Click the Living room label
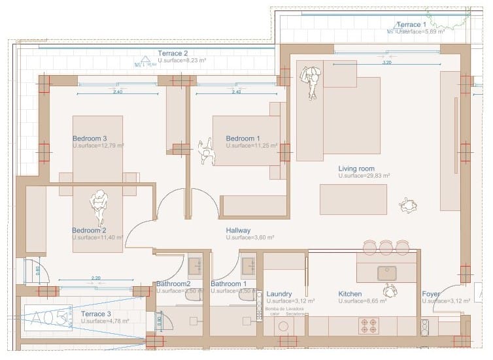[356, 169]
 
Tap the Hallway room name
[239, 231]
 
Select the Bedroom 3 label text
[89, 139]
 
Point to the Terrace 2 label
[173, 53]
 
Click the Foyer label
[431, 294]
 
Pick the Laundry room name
[279, 294]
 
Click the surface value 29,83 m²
[364, 176]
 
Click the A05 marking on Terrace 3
[50, 318]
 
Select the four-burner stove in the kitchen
[368, 325]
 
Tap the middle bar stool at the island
[386, 247]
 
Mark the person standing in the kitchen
[390, 289]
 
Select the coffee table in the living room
[352, 199]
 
